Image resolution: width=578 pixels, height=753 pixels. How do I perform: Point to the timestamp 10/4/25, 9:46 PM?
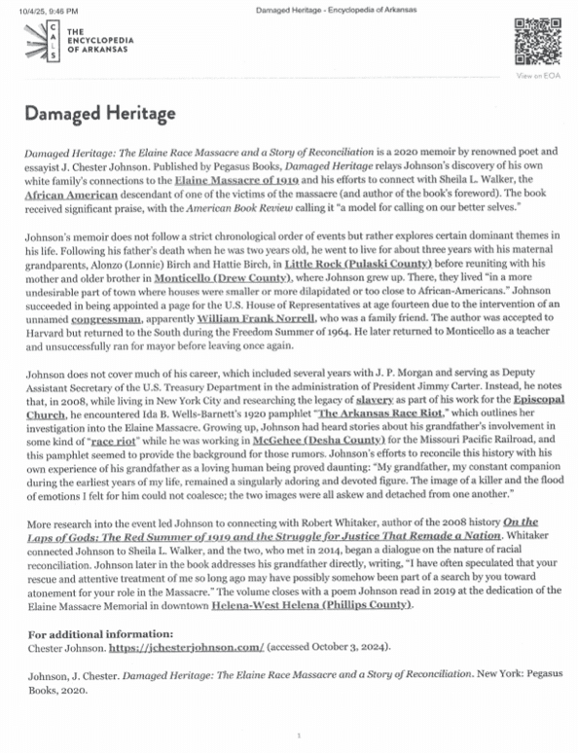47,9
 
